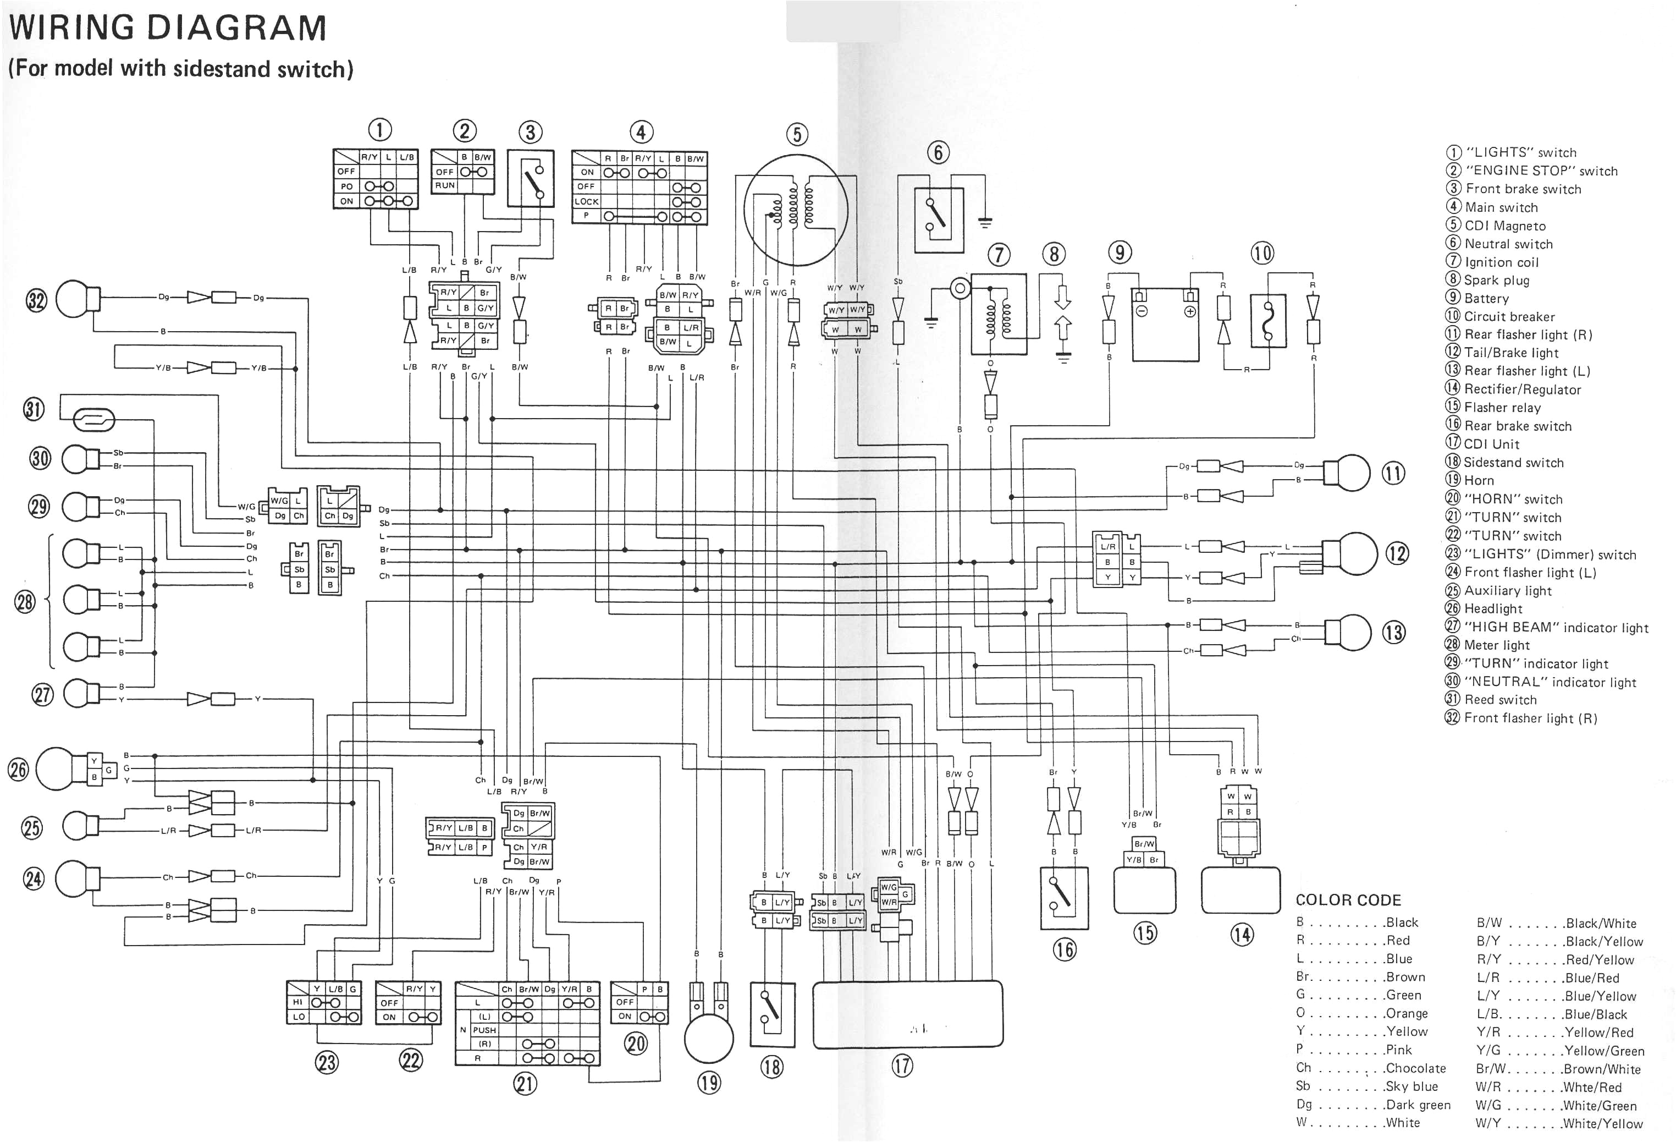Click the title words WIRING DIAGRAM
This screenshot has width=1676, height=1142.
[x=167, y=28]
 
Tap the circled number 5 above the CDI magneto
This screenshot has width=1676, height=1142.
[x=796, y=134]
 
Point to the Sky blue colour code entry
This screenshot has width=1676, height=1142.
[x=1366, y=1086]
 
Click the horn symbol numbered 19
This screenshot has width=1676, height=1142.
[x=708, y=1037]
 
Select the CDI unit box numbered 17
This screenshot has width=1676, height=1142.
[x=907, y=1014]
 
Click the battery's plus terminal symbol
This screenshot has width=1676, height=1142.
[x=1190, y=312]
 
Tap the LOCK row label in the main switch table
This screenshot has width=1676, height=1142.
[x=586, y=202]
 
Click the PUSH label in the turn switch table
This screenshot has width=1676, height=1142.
[x=484, y=1030]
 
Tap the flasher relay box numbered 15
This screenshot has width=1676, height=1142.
[x=1144, y=890]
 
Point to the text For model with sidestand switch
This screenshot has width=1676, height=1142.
[x=180, y=69]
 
